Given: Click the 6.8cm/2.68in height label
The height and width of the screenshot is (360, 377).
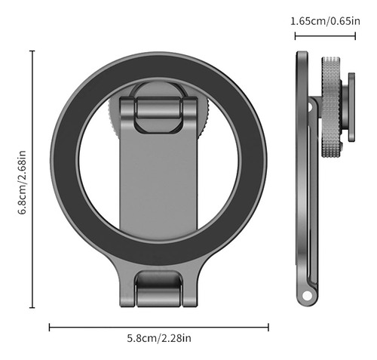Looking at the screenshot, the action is pyautogui.click(x=22, y=182).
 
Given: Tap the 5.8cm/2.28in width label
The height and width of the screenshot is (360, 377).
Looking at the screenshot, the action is pyautogui.click(x=159, y=338).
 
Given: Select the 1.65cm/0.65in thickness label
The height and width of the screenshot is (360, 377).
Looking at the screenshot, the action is pyautogui.click(x=325, y=21).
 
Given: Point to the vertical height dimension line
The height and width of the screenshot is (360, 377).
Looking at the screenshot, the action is pyautogui.click(x=32, y=179).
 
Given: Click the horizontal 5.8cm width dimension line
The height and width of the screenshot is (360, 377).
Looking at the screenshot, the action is pyautogui.click(x=159, y=328).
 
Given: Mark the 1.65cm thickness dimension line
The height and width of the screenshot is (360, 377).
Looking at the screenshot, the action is pyautogui.click(x=325, y=36).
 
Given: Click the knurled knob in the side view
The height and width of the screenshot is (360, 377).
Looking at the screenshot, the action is pyautogui.click(x=331, y=107).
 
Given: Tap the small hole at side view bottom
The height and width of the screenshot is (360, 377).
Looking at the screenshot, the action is pyautogui.click(x=307, y=295).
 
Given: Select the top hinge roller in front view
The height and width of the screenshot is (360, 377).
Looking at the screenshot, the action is pyautogui.click(x=158, y=108).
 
